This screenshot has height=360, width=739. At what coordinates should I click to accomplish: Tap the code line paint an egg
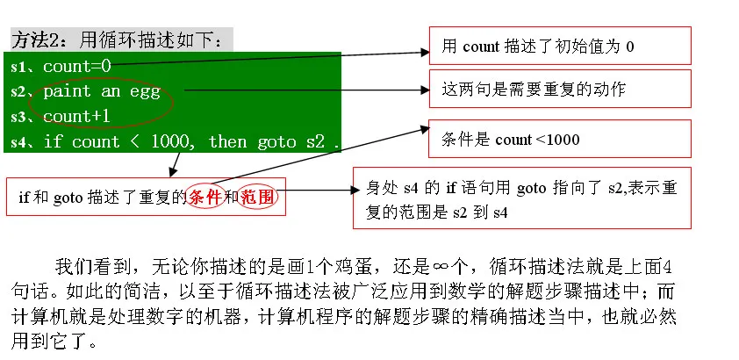pyautogui.click(x=101, y=90)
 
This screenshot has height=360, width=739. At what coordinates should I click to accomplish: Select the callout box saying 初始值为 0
pyautogui.click(x=559, y=46)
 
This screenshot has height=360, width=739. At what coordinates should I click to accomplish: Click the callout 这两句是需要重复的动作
pyautogui.click(x=559, y=90)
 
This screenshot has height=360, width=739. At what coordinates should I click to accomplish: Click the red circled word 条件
pyautogui.click(x=205, y=197)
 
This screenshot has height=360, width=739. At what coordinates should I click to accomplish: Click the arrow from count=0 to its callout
pyautogui.click(x=272, y=58)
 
